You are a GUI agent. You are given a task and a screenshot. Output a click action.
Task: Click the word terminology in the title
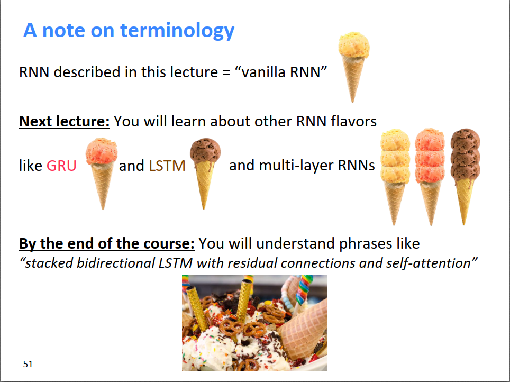[x=177, y=31]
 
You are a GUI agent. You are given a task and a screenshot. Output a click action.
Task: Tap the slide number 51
[x=28, y=364]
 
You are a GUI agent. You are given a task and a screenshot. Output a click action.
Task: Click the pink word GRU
[x=61, y=166]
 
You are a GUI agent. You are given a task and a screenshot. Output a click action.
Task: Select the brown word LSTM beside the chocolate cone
[x=167, y=166]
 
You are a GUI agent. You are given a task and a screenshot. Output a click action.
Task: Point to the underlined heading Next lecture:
[x=65, y=121]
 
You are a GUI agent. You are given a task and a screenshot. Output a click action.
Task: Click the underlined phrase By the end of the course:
[x=107, y=243]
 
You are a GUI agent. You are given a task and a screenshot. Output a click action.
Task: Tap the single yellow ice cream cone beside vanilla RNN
[x=354, y=67]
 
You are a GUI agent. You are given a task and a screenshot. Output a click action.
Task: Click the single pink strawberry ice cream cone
[x=102, y=174]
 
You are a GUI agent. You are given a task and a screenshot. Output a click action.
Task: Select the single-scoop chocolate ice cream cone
[x=205, y=174]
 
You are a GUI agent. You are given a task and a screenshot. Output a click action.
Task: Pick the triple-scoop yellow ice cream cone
[x=395, y=177]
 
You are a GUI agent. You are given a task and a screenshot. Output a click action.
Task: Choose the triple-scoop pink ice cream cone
[x=430, y=177]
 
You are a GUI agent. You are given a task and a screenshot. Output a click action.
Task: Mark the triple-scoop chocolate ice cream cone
[x=465, y=177]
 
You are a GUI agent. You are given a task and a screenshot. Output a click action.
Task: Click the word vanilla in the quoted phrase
[x=263, y=72]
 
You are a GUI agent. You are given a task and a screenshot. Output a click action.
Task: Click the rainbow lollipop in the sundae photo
[x=303, y=289]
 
